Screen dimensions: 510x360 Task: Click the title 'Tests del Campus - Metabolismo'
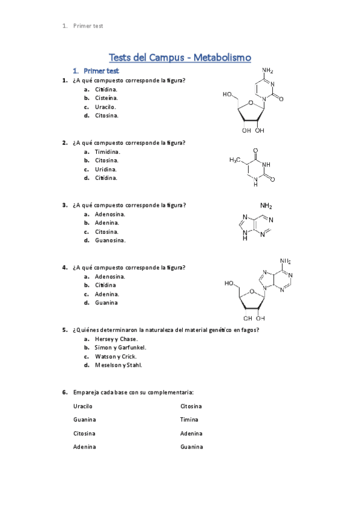pyautogui.click(x=180, y=58)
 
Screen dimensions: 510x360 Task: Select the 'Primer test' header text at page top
pyautogui.click(x=88, y=26)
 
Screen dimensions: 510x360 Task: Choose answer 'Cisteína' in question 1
pyautogui.click(x=106, y=98)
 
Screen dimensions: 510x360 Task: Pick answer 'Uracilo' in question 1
pyautogui.click(x=105, y=107)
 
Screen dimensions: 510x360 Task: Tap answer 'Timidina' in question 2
pyautogui.click(x=107, y=152)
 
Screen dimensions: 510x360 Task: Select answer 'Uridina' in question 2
pyautogui.click(x=106, y=169)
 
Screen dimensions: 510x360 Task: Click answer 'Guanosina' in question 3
pyautogui.click(x=110, y=241)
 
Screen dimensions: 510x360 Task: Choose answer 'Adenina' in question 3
pyautogui.click(x=107, y=223)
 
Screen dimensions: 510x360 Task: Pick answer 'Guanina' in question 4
pyautogui.click(x=106, y=303)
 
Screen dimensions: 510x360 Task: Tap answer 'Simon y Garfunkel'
pyautogui.click(x=120, y=348)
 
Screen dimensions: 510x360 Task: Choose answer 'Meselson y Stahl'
pyautogui.click(x=118, y=365)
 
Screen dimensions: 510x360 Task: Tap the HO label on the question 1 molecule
pyautogui.click(x=228, y=94)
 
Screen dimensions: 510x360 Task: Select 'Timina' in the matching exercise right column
pyautogui.click(x=189, y=420)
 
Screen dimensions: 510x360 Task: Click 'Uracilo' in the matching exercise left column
pyautogui.click(x=83, y=406)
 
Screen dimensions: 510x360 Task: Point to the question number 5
pyautogui.click(x=64, y=330)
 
